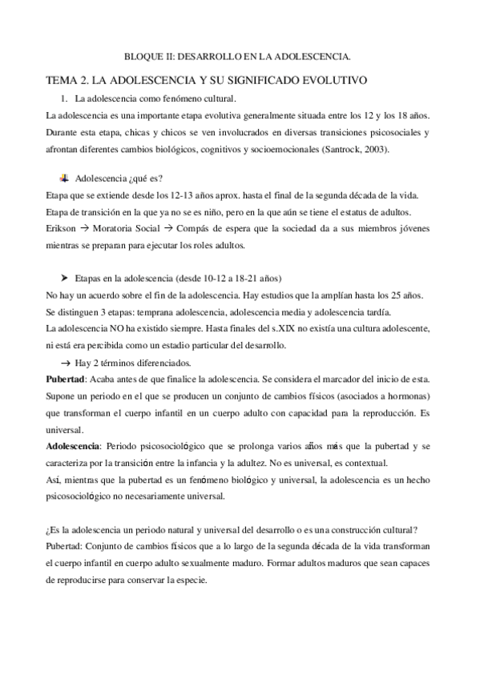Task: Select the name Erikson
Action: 63,228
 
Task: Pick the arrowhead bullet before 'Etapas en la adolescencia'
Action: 65,278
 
